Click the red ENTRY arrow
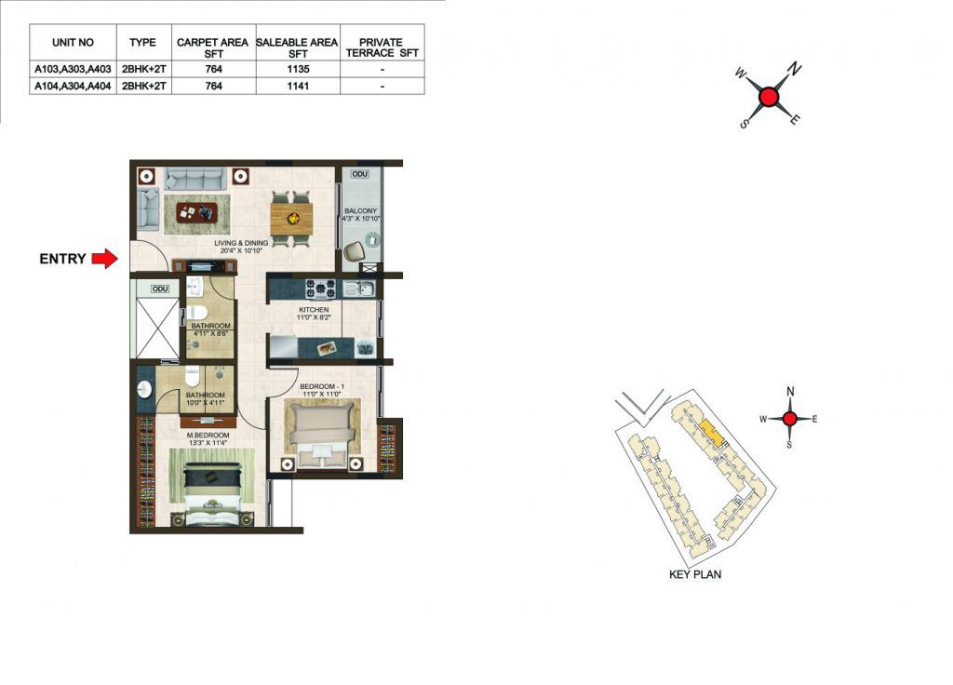104,259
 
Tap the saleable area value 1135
298,69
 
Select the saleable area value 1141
298,86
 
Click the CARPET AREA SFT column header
213,47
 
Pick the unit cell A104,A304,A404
73,86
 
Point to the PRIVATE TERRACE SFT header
382,47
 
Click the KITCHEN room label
314,309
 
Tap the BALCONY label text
361,211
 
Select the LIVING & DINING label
241,243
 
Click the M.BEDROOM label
208,436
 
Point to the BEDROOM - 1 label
322,386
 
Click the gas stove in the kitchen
320,289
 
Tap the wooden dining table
291,219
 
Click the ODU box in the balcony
360,174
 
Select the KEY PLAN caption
695,574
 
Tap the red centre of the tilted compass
770,97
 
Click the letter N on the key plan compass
790,392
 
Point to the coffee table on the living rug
197,212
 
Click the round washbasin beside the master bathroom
144,389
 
